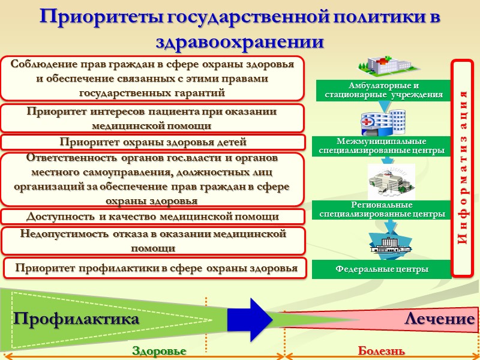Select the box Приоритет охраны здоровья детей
153,142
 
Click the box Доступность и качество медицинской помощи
153,216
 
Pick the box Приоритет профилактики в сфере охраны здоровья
156,268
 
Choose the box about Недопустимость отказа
153,241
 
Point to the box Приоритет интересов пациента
153,118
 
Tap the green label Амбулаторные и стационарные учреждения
384,90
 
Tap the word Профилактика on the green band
76,319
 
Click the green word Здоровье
159,350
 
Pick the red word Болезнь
381,350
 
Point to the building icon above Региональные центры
387,180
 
